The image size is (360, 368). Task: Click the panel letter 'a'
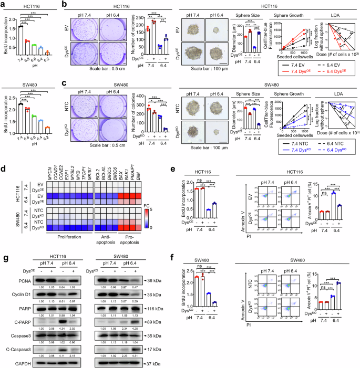pyautogui.click(x=4, y=4)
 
